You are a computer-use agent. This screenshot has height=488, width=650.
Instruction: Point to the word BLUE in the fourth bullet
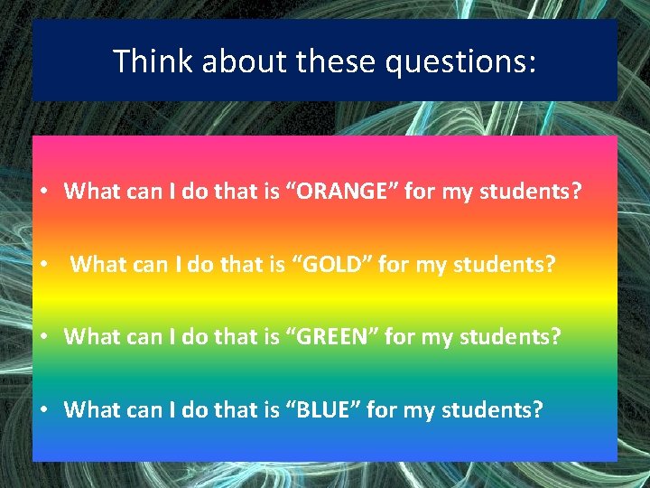pyautogui.click(x=315, y=409)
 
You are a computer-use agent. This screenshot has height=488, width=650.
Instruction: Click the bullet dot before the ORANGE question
pyautogui.click(x=43, y=192)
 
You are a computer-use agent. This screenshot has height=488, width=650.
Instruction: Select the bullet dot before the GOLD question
pyautogui.click(x=43, y=266)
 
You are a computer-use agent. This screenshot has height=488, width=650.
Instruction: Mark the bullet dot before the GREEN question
pyautogui.click(x=43, y=338)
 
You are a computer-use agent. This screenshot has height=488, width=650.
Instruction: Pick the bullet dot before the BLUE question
pyautogui.click(x=43, y=410)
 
